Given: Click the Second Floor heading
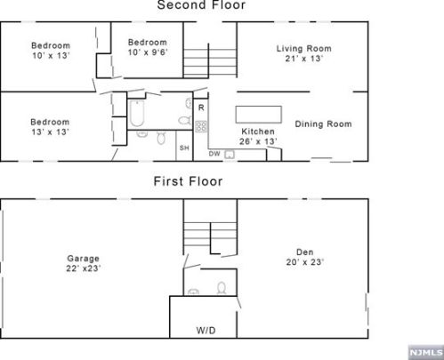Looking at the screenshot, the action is click(201, 4).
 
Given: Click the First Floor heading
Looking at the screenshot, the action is click(188, 181).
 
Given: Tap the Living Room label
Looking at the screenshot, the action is click(304, 48).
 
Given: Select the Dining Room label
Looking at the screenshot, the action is click(323, 124).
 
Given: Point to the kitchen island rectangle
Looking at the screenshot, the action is click(258, 115).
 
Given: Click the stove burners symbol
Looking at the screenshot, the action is click(201, 126).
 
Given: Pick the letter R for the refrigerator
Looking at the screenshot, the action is click(201, 108).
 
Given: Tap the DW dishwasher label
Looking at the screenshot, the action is click(214, 154).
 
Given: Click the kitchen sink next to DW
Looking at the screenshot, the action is click(230, 155).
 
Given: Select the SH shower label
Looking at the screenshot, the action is click(184, 148).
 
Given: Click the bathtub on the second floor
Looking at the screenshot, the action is click(137, 114).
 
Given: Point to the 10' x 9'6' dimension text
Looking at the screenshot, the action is click(148, 52).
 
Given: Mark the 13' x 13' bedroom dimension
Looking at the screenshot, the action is click(51, 132).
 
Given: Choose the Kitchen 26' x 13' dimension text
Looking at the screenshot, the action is click(258, 141).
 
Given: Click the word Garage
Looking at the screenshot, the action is click(84, 259).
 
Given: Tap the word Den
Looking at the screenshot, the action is click(305, 252).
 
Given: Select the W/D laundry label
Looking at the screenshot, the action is click(206, 330).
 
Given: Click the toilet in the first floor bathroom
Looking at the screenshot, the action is click(222, 288).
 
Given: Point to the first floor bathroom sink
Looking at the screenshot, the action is click(193, 292).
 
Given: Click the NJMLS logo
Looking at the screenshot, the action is click(426, 352).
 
